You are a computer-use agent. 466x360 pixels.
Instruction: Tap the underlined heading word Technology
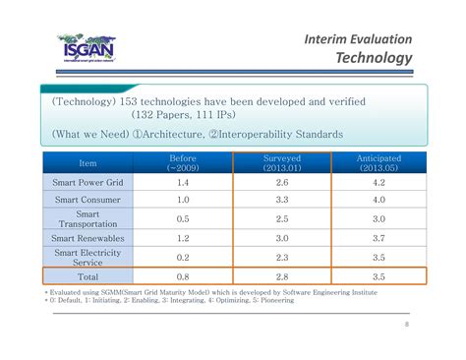(x=374, y=59)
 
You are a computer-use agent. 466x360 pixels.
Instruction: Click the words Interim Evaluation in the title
(x=358, y=37)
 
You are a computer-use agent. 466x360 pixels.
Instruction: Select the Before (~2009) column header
(x=183, y=162)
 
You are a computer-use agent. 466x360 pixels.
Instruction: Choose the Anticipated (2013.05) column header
(x=378, y=162)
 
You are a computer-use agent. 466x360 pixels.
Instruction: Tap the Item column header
(x=87, y=162)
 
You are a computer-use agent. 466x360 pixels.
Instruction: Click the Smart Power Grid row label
(x=87, y=183)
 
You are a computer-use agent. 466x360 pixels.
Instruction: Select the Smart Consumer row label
(x=87, y=201)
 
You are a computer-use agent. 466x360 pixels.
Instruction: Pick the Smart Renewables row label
(x=87, y=237)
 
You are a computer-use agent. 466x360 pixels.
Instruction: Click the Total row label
(x=87, y=276)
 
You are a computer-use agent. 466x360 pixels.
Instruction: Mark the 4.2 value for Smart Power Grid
(x=378, y=183)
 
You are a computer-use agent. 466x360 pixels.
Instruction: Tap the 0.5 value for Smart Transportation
(x=183, y=218)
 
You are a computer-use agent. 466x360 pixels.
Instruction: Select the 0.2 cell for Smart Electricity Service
(x=183, y=257)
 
